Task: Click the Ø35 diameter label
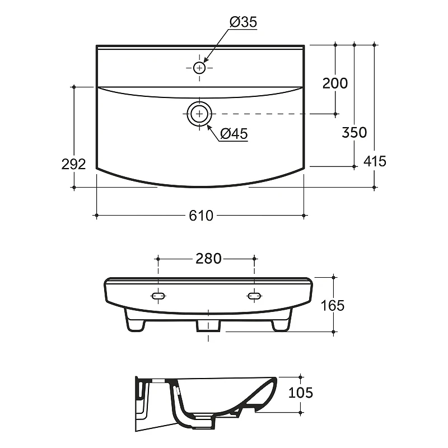[x=243, y=22]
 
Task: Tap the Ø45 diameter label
[x=234, y=133]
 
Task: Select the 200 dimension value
[x=335, y=83]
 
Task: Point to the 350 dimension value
[x=354, y=132]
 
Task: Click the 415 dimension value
[x=375, y=161]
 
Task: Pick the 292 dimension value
[x=74, y=164]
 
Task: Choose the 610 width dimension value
[x=201, y=216]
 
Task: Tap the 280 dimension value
[x=208, y=259]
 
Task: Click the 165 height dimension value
[x=333, y=305]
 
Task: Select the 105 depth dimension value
[x=301, y=393]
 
